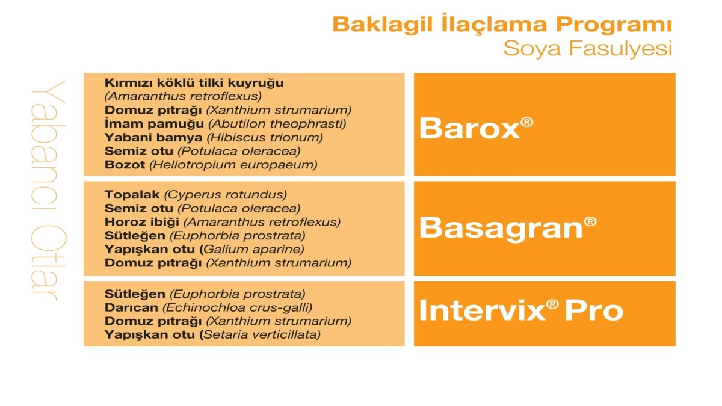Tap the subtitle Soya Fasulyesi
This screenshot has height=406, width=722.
click(x=588, y=49)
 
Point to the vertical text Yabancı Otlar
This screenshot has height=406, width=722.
click(x=49, y=191)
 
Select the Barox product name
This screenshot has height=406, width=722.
click(x=469, y=128)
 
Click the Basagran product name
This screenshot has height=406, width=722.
click(x=501, y=228)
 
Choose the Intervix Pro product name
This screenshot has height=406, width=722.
click(x=521, y=310)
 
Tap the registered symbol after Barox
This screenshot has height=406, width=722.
click(x=526, y=123)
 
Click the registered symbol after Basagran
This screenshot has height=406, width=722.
click(x=590, y=222)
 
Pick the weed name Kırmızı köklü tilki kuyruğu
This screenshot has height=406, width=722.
click(x=194, y=83)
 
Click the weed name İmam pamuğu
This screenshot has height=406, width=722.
click(x=154, y=124)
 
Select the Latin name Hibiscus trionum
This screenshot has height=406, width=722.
click(x=265, y=138)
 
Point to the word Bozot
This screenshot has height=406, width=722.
click(x=125, y=165)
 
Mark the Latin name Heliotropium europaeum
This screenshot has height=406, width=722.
click(x=233, y=165)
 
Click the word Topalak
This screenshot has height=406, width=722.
click(x=132, y=195)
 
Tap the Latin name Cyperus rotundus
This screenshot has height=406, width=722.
click(x=225, y=195)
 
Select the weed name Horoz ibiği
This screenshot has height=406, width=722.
click(x=142, y=222)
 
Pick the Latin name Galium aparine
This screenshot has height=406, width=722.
click(x=254, y=250)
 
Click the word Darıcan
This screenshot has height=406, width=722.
click(x=132, y=307)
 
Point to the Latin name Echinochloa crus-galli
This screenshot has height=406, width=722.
click(x=237, y=308)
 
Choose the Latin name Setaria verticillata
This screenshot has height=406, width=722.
click(x=262, y=334)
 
